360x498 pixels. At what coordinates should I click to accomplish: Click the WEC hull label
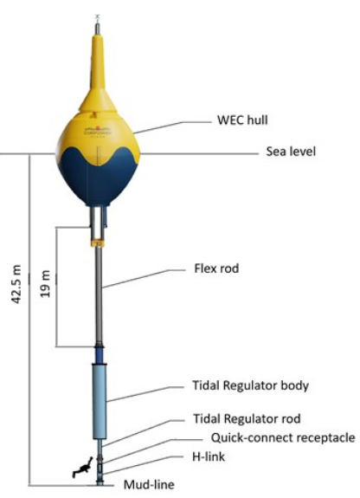tap(242, 120)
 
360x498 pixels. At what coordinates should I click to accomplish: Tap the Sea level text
tap(291, 152)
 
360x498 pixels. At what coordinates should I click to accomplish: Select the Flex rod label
tap(216, 268)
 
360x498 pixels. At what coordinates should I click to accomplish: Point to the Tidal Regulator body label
tap(250, 385)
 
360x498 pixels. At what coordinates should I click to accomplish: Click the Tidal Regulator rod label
tap(247, 418)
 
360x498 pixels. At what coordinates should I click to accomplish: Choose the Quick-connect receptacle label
tap(283, 437)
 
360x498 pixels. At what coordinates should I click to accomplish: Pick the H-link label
tap(209, 456)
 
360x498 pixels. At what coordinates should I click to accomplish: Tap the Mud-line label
tap(149, 485)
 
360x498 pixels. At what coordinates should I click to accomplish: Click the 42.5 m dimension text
tap(16, 284)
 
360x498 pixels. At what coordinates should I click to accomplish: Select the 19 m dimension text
tap(46, 283)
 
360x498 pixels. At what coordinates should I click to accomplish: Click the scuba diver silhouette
tap(82, 467)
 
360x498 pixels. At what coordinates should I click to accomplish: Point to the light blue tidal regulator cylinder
tap(100, 402)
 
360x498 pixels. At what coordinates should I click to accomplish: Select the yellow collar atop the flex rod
tap(98, 243)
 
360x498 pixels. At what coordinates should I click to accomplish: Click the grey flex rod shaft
tap(99, 295)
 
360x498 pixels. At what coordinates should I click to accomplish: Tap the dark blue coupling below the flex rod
tap(100, 355)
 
